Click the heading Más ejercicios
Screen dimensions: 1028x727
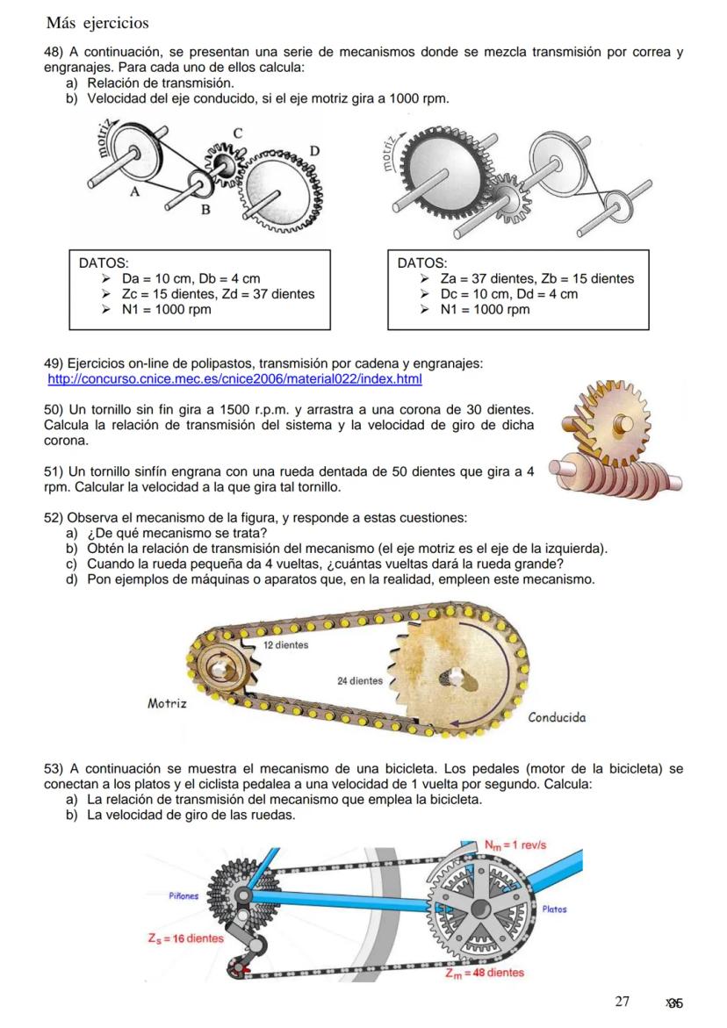pyautogui.click(x=97, y=22)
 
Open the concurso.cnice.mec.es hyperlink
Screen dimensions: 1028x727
pyautogui.click(x=234, y=379)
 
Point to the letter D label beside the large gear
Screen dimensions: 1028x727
pyautogui.click(x=313, y=152)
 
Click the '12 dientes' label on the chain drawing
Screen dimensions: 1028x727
pyautogui.click(x=285, y=645)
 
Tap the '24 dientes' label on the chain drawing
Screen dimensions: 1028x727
pyautogui.click(x=360, y=680)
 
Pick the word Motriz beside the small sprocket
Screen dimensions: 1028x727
pyautogui.click(x=167, y=704)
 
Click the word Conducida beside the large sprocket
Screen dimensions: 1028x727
pyautogui.click(x=557, y=717)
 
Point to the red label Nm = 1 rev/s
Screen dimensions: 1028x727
pyautogui.click(x=515, y=845)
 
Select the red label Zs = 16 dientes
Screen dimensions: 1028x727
pyautogui.click(x=185, y=938)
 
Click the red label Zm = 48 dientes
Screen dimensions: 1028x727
pyautogui.click(x=485, y=973)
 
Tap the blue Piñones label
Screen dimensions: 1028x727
pyautogui.click(x=184, y=896)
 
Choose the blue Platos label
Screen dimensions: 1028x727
pyautogui.click(x=554, y=909)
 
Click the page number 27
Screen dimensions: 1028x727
pyautogui.click(x=623, y=1002)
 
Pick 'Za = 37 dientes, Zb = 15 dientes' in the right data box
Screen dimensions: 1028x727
pyautogui.click(x=536, y=279)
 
